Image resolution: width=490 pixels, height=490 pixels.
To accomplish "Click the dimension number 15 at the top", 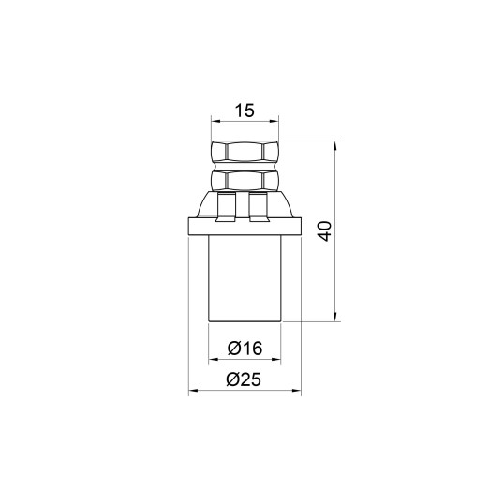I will click(245, 111).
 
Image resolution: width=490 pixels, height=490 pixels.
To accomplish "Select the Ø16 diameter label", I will click(245, 349).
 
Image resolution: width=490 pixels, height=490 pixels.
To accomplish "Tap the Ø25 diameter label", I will click(245, 379).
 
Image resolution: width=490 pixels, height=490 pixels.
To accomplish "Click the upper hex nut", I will click(245, 152).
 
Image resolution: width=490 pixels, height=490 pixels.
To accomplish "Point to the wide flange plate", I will click(245, 226).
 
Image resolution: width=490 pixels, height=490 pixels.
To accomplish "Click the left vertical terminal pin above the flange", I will click(225, 206).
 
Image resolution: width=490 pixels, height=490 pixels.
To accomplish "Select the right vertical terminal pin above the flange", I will click(262, 206).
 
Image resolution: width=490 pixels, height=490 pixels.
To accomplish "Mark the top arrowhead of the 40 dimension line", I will click(335, 146).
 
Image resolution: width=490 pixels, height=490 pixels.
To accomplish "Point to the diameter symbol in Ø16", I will click(233, 349).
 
